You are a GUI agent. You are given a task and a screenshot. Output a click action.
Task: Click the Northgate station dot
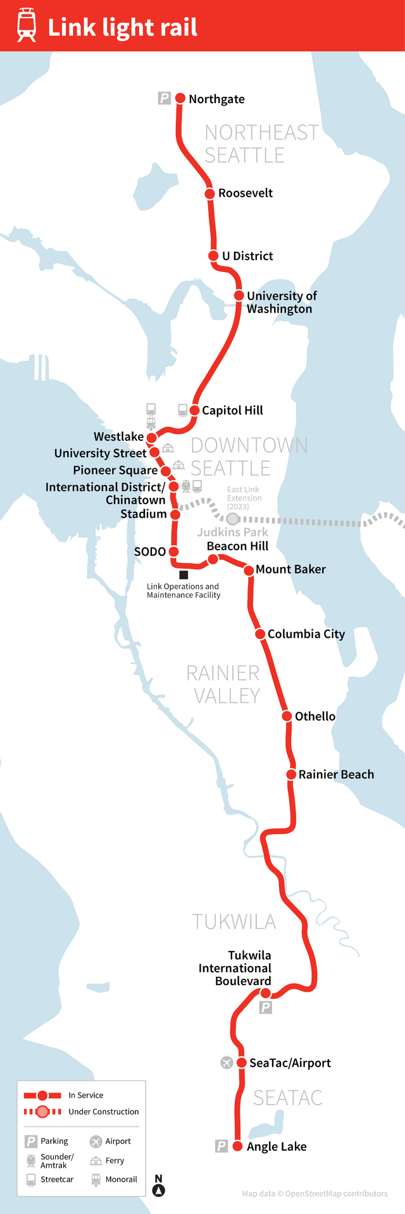[x=180, y=99]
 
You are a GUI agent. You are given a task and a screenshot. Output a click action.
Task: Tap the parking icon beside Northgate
[x=165, y=98]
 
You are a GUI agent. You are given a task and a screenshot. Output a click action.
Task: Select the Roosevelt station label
[x=246, y=193]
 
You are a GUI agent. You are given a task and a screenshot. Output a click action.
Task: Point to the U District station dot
[x=214, y=256]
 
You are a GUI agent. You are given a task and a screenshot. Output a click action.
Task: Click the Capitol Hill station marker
[x=195, y=411]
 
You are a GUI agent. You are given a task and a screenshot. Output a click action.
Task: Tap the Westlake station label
[x=118, y=437]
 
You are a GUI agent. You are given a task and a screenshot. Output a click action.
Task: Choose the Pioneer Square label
[x=115, y=470]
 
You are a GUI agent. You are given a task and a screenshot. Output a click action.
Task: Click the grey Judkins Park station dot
[x=233, y=519]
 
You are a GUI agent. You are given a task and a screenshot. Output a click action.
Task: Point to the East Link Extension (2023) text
[x=244, y=498]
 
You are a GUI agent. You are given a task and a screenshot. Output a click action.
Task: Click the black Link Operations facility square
[x=184, y=575]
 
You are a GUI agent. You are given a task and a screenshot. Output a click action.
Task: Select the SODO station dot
[x=173, y=552]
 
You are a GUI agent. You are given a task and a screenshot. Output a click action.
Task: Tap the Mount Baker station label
[x=290, y=569]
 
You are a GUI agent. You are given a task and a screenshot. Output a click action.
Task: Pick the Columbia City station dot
[x=260, y=634]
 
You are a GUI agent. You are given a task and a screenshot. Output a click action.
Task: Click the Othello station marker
[x=287, y=716]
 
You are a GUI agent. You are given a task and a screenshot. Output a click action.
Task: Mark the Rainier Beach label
[x=336, y=774]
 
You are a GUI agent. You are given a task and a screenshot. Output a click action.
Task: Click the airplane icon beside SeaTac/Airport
[x=227, y=1063]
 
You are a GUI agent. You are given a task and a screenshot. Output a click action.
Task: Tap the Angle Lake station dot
[x=238, y=1146]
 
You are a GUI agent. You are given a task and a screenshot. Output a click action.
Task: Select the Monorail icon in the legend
[x=96, y=1180]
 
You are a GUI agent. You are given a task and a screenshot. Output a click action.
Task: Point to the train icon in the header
[x=27, y=25]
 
